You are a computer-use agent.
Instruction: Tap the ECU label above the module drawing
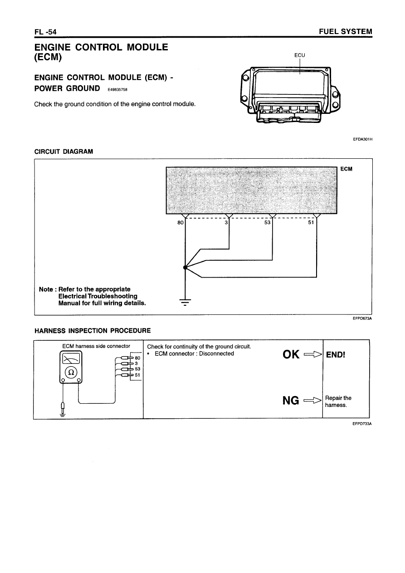[x=300, y=55]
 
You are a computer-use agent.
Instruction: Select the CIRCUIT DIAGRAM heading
[x=63, y=152]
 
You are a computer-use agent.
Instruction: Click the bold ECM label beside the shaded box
[x=346, y=169]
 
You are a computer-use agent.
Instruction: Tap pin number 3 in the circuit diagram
[x=226, y=223]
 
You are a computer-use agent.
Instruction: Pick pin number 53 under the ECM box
[x=267, y=223]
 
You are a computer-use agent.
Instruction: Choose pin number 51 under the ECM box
[x=311, y=223]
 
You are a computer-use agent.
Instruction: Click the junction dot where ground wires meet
[x=185, y=268]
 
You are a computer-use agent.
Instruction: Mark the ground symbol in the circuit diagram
[x=185, y=302]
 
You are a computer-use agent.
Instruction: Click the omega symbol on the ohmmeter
[x=71, y=372]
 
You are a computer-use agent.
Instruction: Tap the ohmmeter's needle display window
[x=71, y=359]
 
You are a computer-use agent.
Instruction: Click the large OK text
[x=291, y=355]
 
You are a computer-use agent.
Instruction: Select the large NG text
[x=291, y=401]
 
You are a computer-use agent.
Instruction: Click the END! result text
[x=336, y=355]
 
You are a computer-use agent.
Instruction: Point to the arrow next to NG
[x=312, y=401]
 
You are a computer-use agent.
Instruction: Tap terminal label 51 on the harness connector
[x=137, y=375]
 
